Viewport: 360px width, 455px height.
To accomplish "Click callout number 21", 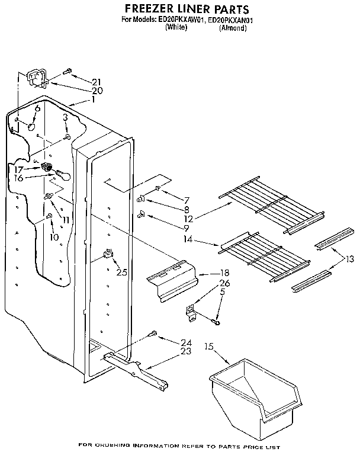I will coord(97,81).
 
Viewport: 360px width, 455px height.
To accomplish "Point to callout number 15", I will coord(208,346).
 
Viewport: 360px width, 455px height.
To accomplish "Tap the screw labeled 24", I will coord(154,334).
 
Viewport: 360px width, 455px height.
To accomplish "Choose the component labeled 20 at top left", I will coord(37,78).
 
